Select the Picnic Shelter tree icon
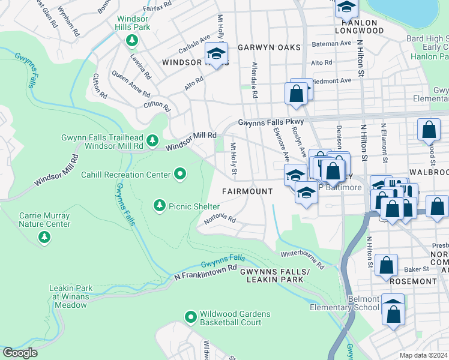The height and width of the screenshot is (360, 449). click(x=159, y=206)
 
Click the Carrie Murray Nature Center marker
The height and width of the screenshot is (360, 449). click(x=44, y=238)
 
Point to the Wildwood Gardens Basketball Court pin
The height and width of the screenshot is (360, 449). click(x=190, y=316)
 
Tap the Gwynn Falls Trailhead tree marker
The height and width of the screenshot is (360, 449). click(x=153, y=140)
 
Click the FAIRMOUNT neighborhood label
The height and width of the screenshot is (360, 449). click(x=247, y=191)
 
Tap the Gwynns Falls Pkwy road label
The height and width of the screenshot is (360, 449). click(x=272, y=122)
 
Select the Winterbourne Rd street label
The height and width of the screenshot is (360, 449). click(x=303, y=259)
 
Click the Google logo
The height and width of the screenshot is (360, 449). click(x=20, y=353)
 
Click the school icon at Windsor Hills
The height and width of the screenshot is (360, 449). click(x=217, y=53)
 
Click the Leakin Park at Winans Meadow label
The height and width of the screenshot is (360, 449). click(x=68, y=296)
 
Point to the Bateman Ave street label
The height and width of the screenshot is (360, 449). click(x=330, y=43)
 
